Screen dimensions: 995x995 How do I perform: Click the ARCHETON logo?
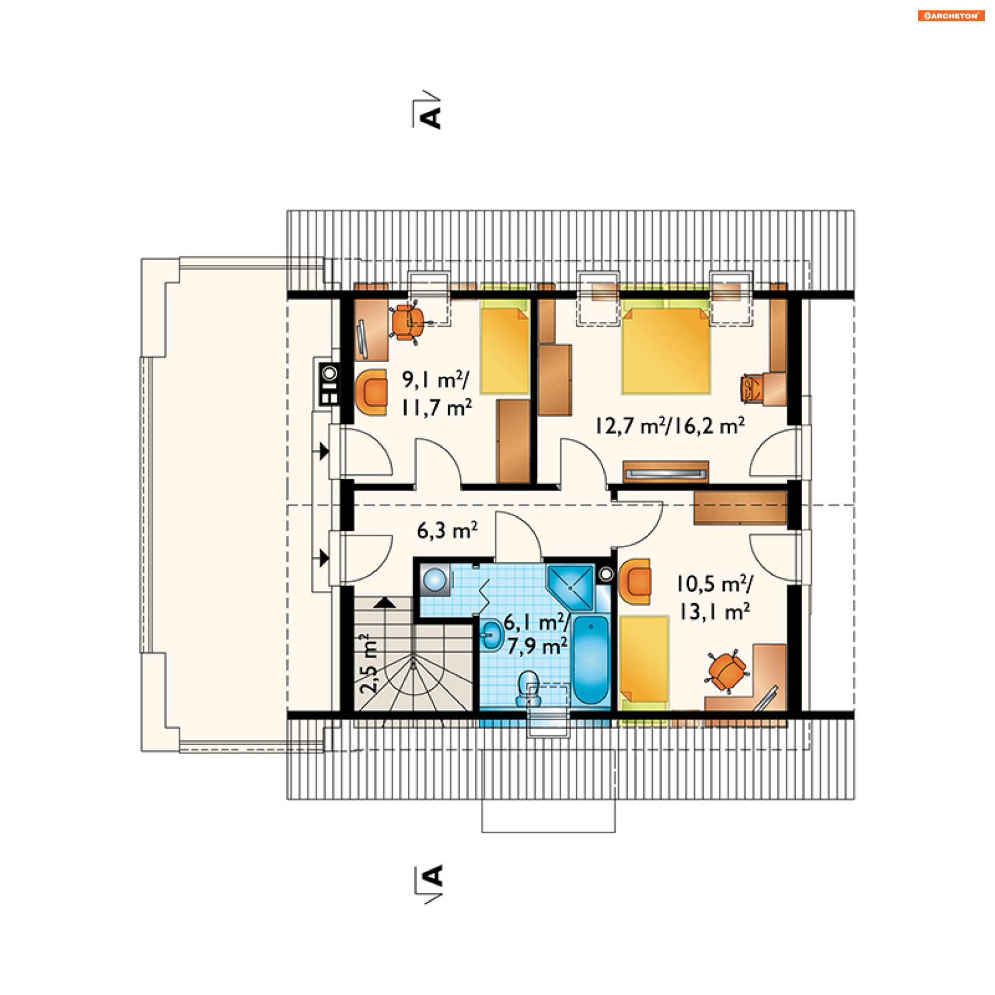[x=951, y=16]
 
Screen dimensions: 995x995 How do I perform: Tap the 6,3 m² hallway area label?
[x=447, y=530]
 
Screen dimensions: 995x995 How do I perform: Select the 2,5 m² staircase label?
[x=368, y=664]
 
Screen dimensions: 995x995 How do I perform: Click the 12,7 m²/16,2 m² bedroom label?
[x=670, y=425]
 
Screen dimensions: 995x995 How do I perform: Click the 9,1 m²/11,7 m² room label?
[x=436, y=394]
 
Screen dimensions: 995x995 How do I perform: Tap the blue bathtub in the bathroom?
[x=591, y=659]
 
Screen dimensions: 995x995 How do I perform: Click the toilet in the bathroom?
[x=529, y=689]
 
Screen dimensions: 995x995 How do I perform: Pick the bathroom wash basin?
[x=492, y=634]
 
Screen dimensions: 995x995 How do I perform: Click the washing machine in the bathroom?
[x=435, y=579]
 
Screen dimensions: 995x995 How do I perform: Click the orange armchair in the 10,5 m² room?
[x=635, y=581]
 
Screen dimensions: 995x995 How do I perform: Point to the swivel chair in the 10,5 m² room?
[x=727, y=672]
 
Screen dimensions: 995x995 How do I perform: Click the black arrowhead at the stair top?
[x=385, y=603]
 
